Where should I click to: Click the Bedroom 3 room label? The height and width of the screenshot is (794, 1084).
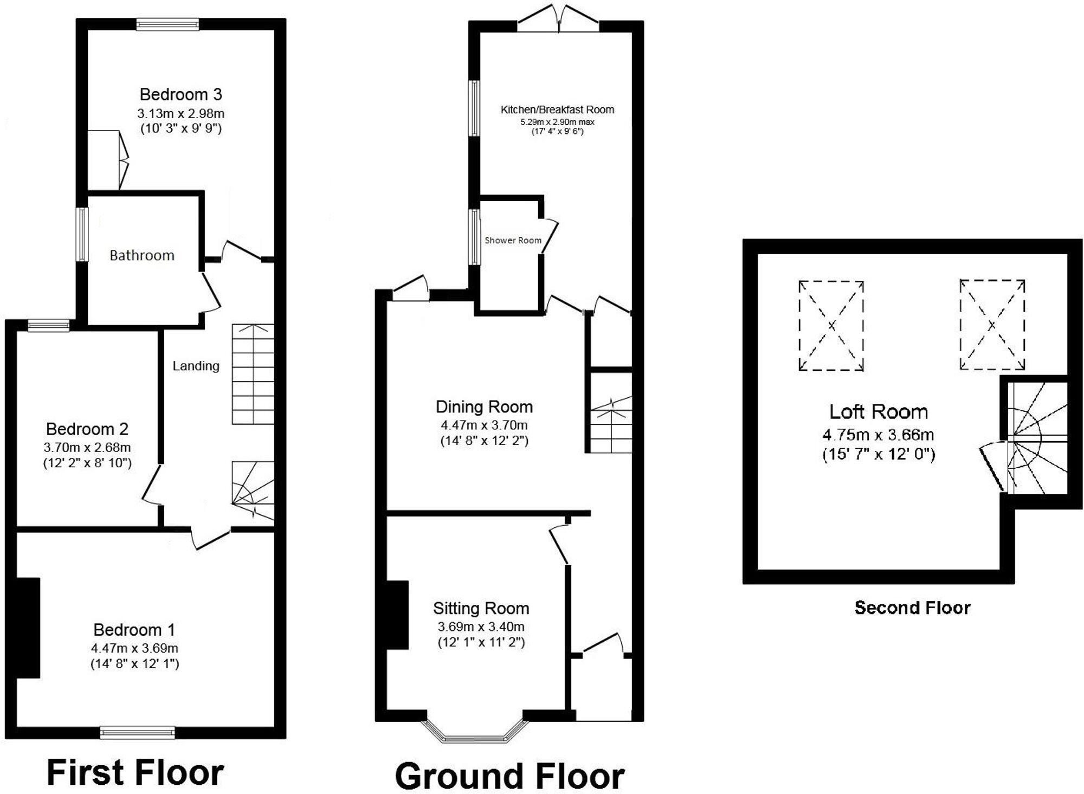click(x=180, y=94)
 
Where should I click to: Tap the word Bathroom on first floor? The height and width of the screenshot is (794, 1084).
click(x=142, y=255)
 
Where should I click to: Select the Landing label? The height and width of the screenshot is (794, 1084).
click(x=196, y=366)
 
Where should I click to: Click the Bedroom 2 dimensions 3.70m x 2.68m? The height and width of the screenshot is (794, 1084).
click(x=87, y=448)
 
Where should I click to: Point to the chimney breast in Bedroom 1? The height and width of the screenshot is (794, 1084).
click(x=28, y=628)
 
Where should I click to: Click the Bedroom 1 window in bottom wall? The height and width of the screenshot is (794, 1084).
click(x=138, y=733)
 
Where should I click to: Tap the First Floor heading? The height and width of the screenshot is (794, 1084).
click(x=135, y=772)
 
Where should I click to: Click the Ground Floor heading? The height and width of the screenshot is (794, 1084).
click(x=509, y=776)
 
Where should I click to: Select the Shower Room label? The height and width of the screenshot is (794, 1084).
click(x=513, y=240)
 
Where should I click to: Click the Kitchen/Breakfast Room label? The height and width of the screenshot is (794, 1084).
click(x=557, y=109)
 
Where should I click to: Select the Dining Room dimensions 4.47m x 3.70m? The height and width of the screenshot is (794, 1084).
click(x=484, y=425)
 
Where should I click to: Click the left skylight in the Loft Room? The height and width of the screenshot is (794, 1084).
click(x=831, y=325)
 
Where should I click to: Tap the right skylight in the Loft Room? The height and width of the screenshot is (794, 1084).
click(x=992, y=325)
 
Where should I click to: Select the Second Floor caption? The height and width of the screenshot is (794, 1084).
click(x=912, y=608)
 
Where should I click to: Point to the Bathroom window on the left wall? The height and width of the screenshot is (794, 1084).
click(x=82, y=234)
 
